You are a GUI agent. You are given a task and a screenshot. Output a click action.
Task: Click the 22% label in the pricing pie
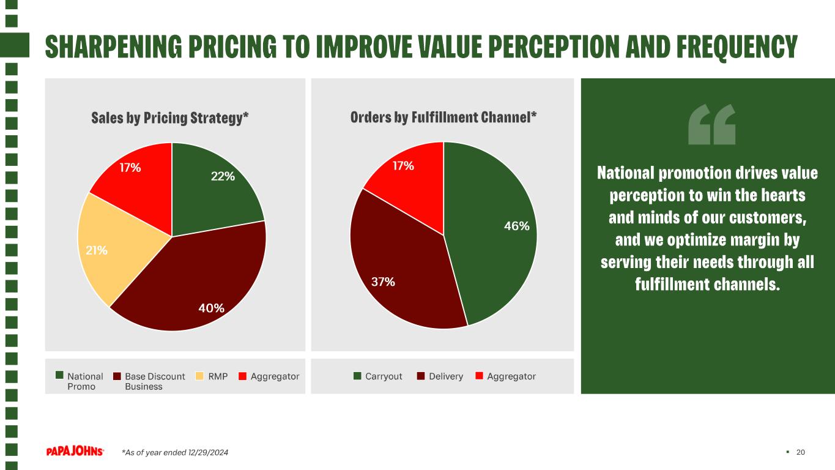tap(223, 176)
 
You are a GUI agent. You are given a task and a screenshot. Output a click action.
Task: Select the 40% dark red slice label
tap(212, 308)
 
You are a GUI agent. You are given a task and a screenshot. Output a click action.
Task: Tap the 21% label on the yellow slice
tap(97, 250)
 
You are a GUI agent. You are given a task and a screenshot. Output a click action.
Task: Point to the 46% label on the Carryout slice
tap(517, 226)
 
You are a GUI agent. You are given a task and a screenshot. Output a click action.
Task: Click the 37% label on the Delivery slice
tap(383, 282)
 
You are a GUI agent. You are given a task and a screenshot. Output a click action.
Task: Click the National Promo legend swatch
tap(59, 375)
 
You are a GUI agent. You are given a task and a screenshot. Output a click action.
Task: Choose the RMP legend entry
tap(212, 376)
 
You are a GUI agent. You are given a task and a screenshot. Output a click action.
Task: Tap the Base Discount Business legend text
tap(155, 381)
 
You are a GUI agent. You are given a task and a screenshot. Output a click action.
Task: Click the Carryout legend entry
tap(377, 376)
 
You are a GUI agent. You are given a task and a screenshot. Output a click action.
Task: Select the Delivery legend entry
tap(440, 376)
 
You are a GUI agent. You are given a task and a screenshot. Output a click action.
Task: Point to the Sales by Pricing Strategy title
tap(170, 118)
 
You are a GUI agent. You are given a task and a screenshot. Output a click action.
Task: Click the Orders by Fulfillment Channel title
tap(443, 117)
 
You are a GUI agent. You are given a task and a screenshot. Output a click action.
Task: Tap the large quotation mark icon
tap(711, 124)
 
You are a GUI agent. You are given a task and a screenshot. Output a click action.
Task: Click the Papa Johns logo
tap(75, 452)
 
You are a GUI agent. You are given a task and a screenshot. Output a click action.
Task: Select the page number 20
tap(800, 452)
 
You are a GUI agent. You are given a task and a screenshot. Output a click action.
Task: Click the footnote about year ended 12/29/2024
tap(175, 452)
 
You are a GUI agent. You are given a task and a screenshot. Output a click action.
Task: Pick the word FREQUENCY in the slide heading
tap(737, 47)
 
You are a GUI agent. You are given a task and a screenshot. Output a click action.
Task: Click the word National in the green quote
tap(626, 173)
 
